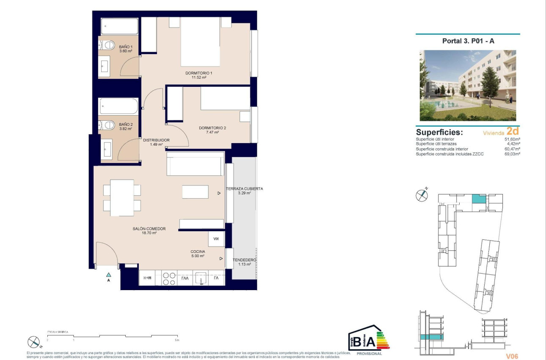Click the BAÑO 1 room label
coord(126,47)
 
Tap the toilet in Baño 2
coord(108,125)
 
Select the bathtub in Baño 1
coord(119,27)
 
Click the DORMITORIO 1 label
coord(199,73)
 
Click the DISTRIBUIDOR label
coord(156,140)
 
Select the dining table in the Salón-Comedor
coord(122,198)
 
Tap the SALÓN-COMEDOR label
coord(149,229)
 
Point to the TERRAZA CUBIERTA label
coord(244,189)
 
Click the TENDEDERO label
coord(244,260)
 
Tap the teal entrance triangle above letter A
coord(109,275)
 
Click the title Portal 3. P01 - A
coord(468,41)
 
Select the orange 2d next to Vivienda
coord(513,132)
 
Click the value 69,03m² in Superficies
coord(511,154)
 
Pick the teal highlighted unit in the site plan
coord(478,199)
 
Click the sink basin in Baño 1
coord(105,67)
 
